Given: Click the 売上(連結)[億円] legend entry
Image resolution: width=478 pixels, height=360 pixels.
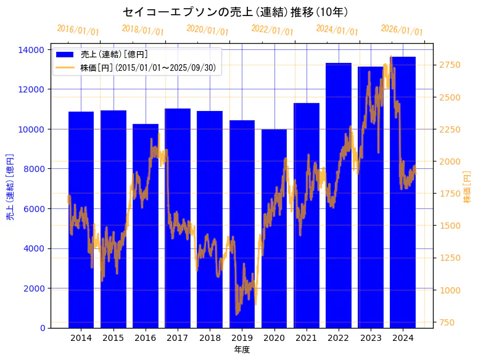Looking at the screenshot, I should pyautogui.click(x=114, y=55).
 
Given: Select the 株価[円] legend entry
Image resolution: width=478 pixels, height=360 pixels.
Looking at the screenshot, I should pyautogui.click(x=148, y=68).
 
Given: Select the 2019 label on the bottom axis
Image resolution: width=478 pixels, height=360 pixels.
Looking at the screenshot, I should pyautogui.click(x=242, y=338).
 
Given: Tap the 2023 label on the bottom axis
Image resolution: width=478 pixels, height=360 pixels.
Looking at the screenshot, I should pyautogui.click(x=371, y=338).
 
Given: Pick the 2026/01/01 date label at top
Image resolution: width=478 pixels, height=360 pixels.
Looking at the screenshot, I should pyautogui.click(x=402, y=31).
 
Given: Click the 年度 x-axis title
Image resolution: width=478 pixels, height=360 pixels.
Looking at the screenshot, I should pyautogui.click(x=242, y=350).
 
